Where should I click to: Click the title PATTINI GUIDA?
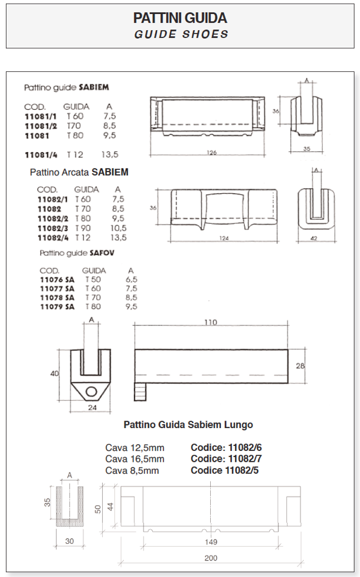pos(180,18)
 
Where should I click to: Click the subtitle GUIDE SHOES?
pos(181,34)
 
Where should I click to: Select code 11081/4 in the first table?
pos(41,155)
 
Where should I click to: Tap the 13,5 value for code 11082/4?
pos(118,238)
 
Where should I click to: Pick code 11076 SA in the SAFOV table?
pos(57,279)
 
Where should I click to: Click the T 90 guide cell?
pos(83,228)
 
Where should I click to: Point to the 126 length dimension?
pos(211,153)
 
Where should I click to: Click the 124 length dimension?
pos(224,238)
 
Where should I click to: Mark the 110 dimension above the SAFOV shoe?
pos(211,322)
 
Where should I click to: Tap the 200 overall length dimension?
pos(211,558)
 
